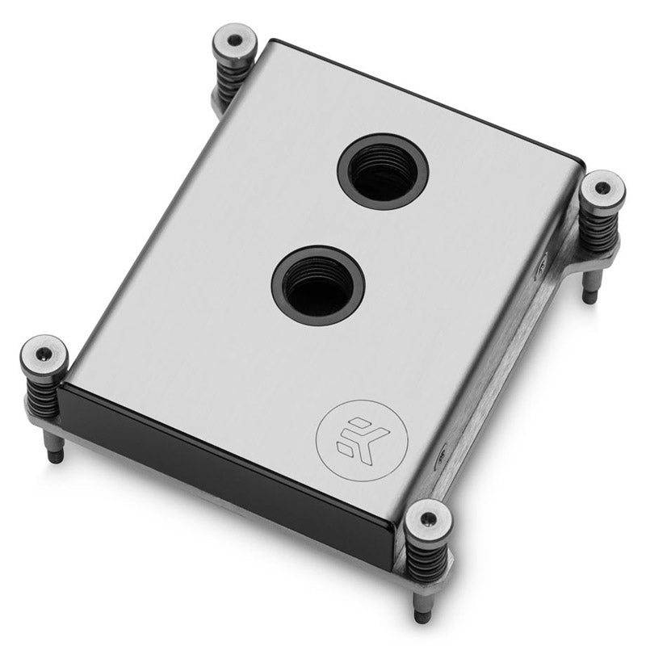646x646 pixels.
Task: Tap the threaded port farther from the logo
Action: pos(383,171)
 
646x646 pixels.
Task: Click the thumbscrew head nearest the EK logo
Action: pos(427,518)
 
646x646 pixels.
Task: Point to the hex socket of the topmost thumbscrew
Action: pos(234,40)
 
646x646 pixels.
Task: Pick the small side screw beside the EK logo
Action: pos(442,457)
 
